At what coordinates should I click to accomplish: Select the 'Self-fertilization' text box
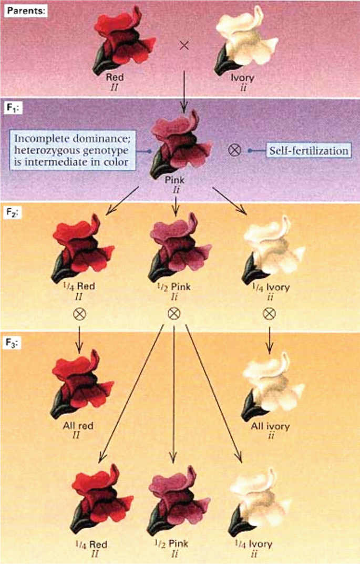coord(309,151)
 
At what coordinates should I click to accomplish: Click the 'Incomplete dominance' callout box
coord(72,150)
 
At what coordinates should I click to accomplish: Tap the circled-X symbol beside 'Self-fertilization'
coord(236,151)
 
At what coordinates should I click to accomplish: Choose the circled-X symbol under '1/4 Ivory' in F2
coord(270,314)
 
